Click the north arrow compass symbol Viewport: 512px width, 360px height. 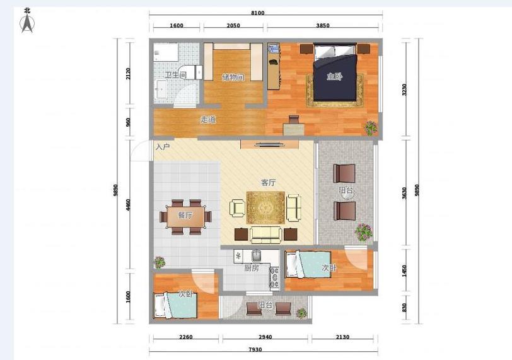pyautogui.click(x=27, y=23)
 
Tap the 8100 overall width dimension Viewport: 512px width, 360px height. pyautogui.click(x=258, y=13)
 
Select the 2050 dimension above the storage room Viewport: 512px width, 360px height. pyautogui.click(x=233, y=25)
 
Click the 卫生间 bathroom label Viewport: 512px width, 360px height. pyautogui.click(x=175, y=75)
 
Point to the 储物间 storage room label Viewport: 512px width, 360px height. pyautogui.click(x=233, y=78)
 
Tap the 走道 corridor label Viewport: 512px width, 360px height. pyautogui.click(x=208, y=119)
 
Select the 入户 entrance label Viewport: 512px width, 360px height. pyautogui.click(x=162, y=146)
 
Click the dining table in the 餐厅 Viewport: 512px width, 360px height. pyautogui.click(x=185, y=216)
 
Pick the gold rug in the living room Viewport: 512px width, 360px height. pyautogui.click(x=266, y=208)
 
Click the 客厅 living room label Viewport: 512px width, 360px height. pyautogui.click(x=268, y=182)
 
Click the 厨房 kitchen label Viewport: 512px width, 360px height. pyautogui.click(x=252, y=268)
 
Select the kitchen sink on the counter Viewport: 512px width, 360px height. pyautogui.click(x=257, y=255)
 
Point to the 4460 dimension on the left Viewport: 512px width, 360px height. pyautogui.click(x=129, y=205)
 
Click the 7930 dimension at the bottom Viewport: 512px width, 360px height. pyautogui.click(x=255, y=349)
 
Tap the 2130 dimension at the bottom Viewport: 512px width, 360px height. pyautogui.click(x=342, y=337)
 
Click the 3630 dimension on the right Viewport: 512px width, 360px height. pyautogui.click(x=405, y=193)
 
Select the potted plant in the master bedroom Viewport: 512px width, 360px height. pyautogui.click(x=371, y=128)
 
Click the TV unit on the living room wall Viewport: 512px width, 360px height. pyautogui.click(x=270, y=144)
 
